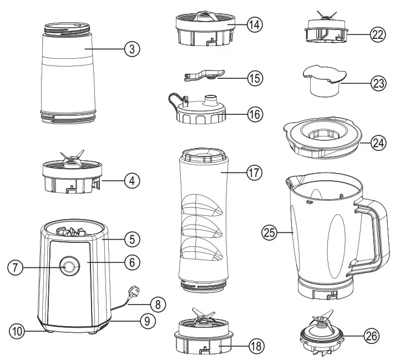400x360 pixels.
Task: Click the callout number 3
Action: (131, 49)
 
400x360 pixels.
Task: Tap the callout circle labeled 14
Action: (255, 25)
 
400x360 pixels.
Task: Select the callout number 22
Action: (378, 34)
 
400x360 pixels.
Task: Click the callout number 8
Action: (158, 303)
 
